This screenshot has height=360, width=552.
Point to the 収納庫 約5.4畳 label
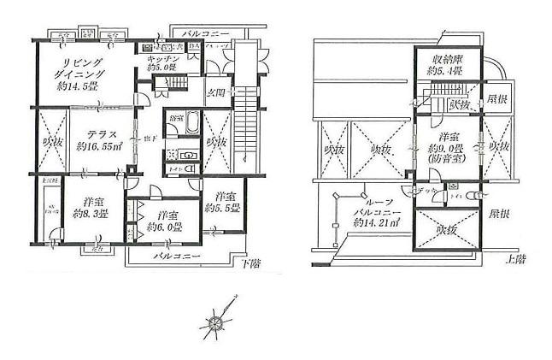click(x=444, y=65)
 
